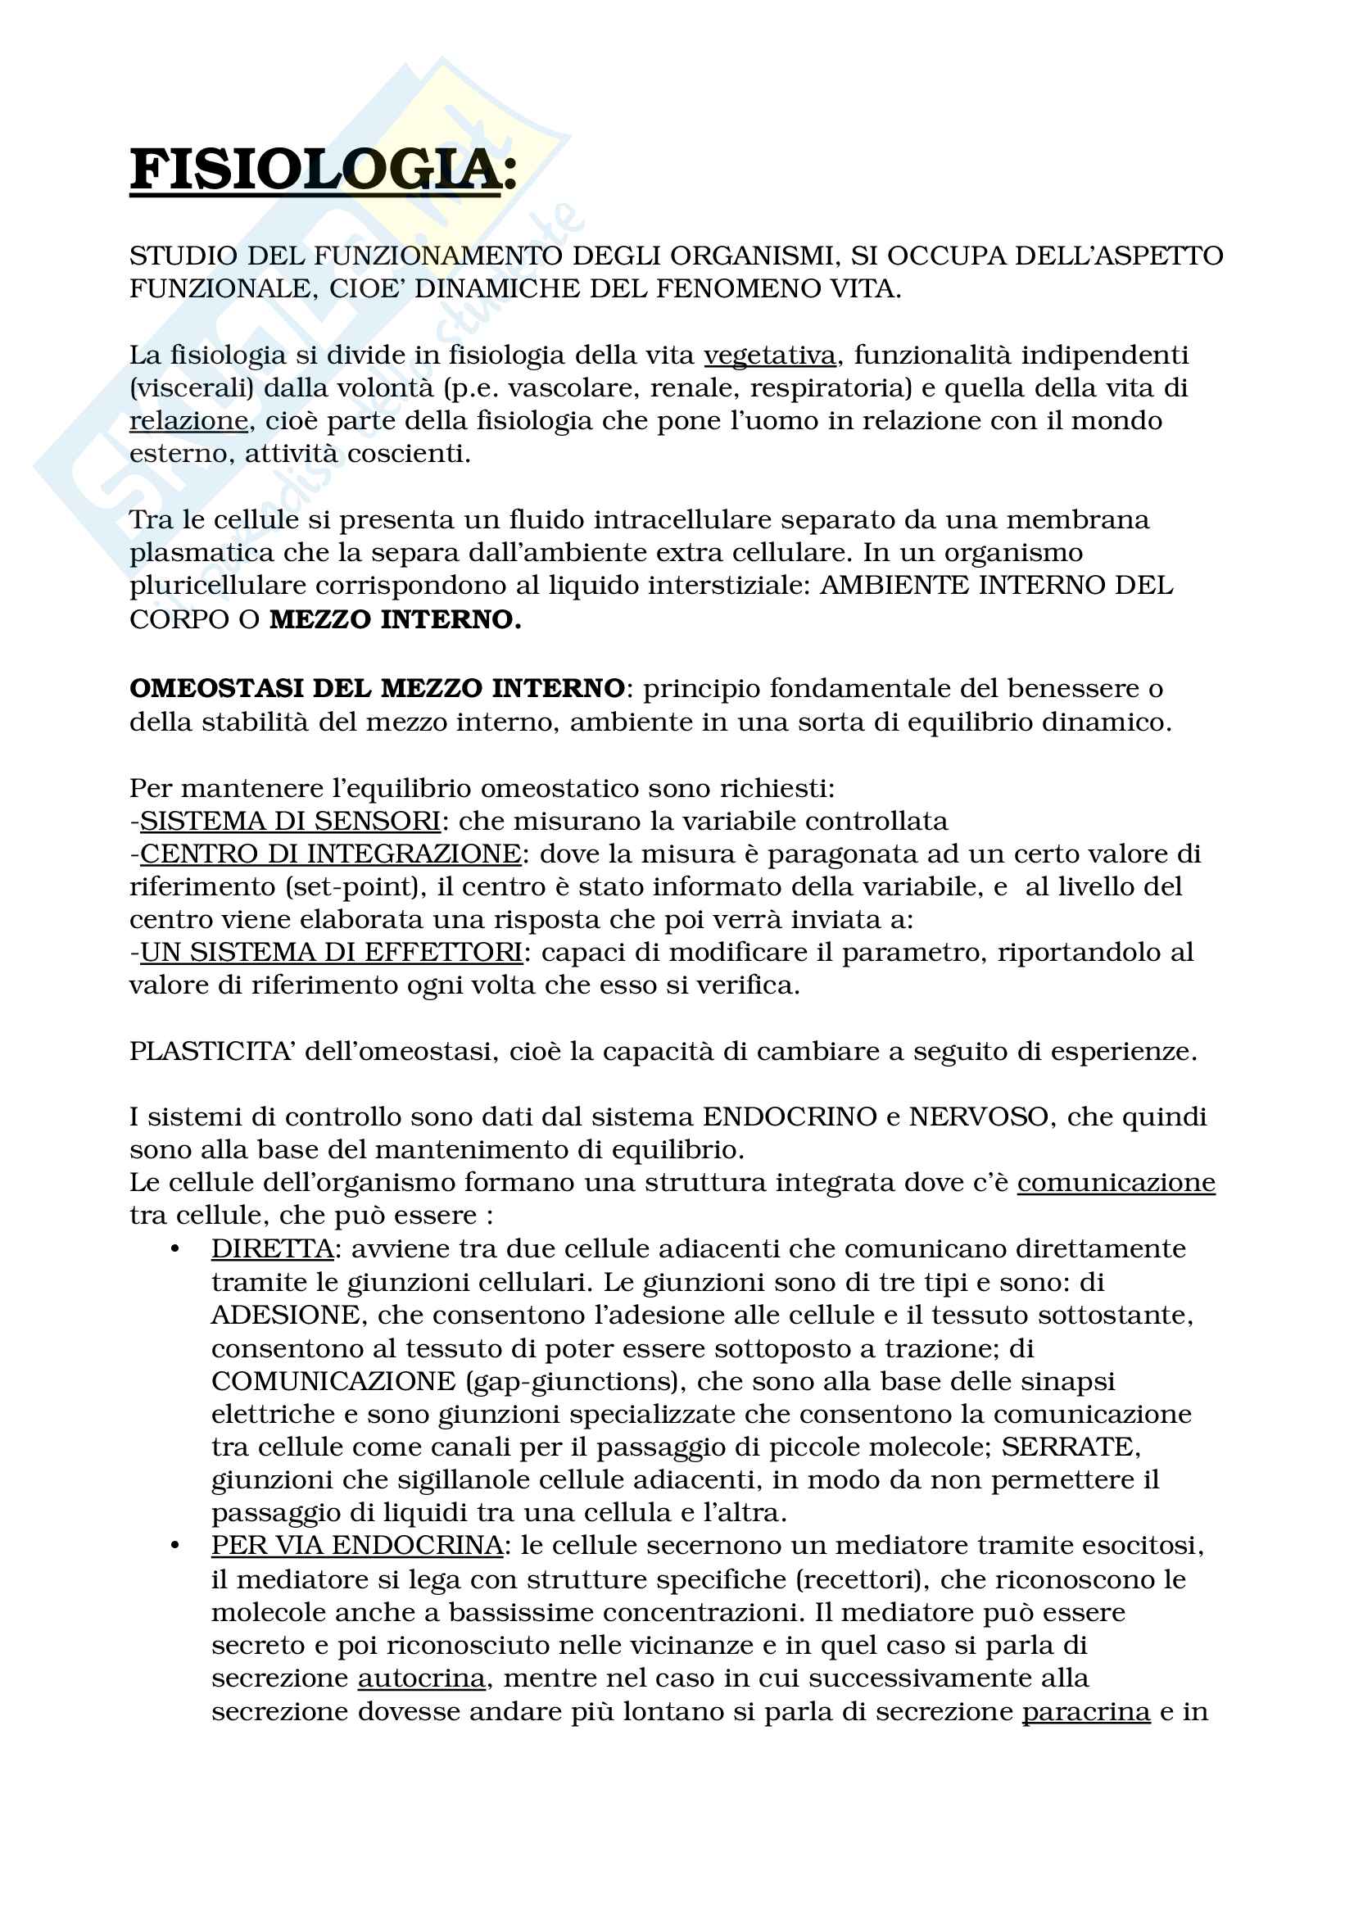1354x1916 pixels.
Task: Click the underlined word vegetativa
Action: click(x=769, y=356)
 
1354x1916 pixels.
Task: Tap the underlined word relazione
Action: click(x=188, y=420)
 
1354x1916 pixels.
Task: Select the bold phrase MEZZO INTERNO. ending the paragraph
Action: click(x=395, y=619)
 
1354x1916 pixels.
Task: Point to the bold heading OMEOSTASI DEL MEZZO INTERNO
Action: click(x=377, y=688)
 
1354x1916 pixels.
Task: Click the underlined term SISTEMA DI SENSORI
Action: click(x=289, y=821)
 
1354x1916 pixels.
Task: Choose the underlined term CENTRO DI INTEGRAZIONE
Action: click(x=330, y=854)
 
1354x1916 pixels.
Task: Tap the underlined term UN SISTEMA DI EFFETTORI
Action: click(x=331, y=952)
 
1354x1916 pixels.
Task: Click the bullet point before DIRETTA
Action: click(x=174, y=1249)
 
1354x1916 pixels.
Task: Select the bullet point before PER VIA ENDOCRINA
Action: click(x=174, y=1547)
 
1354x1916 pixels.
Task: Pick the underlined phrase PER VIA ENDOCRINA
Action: click(x=357, y=1546)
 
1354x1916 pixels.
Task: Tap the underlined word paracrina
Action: click(x=1086, y=1711)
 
